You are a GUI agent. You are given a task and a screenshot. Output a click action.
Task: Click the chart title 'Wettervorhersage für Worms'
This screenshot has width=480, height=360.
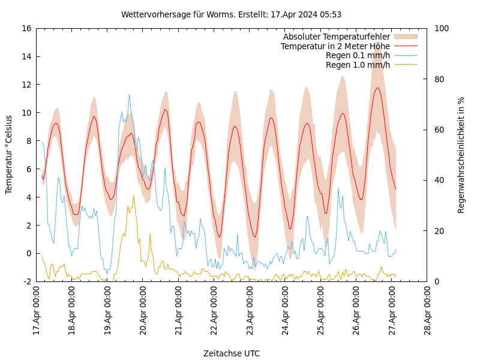[231, 14]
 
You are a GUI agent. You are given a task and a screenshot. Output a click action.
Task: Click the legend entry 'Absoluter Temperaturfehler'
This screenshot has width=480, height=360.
[336, 37]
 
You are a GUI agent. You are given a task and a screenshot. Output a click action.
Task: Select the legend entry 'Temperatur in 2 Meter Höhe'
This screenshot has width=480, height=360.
[335, 46]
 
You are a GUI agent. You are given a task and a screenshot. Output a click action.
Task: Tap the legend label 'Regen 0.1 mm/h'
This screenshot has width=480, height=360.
[358, 55]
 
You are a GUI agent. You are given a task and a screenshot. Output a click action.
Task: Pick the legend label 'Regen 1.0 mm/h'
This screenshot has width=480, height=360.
[358, 65]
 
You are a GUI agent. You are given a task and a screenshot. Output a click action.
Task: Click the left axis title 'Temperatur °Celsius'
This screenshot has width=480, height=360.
[9, 155]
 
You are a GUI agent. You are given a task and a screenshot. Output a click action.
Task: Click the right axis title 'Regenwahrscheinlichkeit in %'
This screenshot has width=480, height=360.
[461, 155]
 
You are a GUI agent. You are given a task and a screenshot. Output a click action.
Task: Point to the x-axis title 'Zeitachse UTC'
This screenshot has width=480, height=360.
[232, 353]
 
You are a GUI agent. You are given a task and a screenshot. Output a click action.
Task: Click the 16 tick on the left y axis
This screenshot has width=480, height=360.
[26, 28]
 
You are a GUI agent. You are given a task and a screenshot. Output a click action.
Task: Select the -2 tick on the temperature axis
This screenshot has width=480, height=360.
[27, 281]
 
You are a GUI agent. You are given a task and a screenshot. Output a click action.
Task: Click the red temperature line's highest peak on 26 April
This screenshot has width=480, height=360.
[378, 88]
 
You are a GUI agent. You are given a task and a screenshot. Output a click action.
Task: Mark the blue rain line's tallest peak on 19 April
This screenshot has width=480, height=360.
[129, 94]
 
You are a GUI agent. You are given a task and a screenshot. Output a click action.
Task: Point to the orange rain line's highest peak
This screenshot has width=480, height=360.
[134, 196]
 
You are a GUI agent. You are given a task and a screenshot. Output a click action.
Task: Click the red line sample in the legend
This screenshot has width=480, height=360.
[405, 46]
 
